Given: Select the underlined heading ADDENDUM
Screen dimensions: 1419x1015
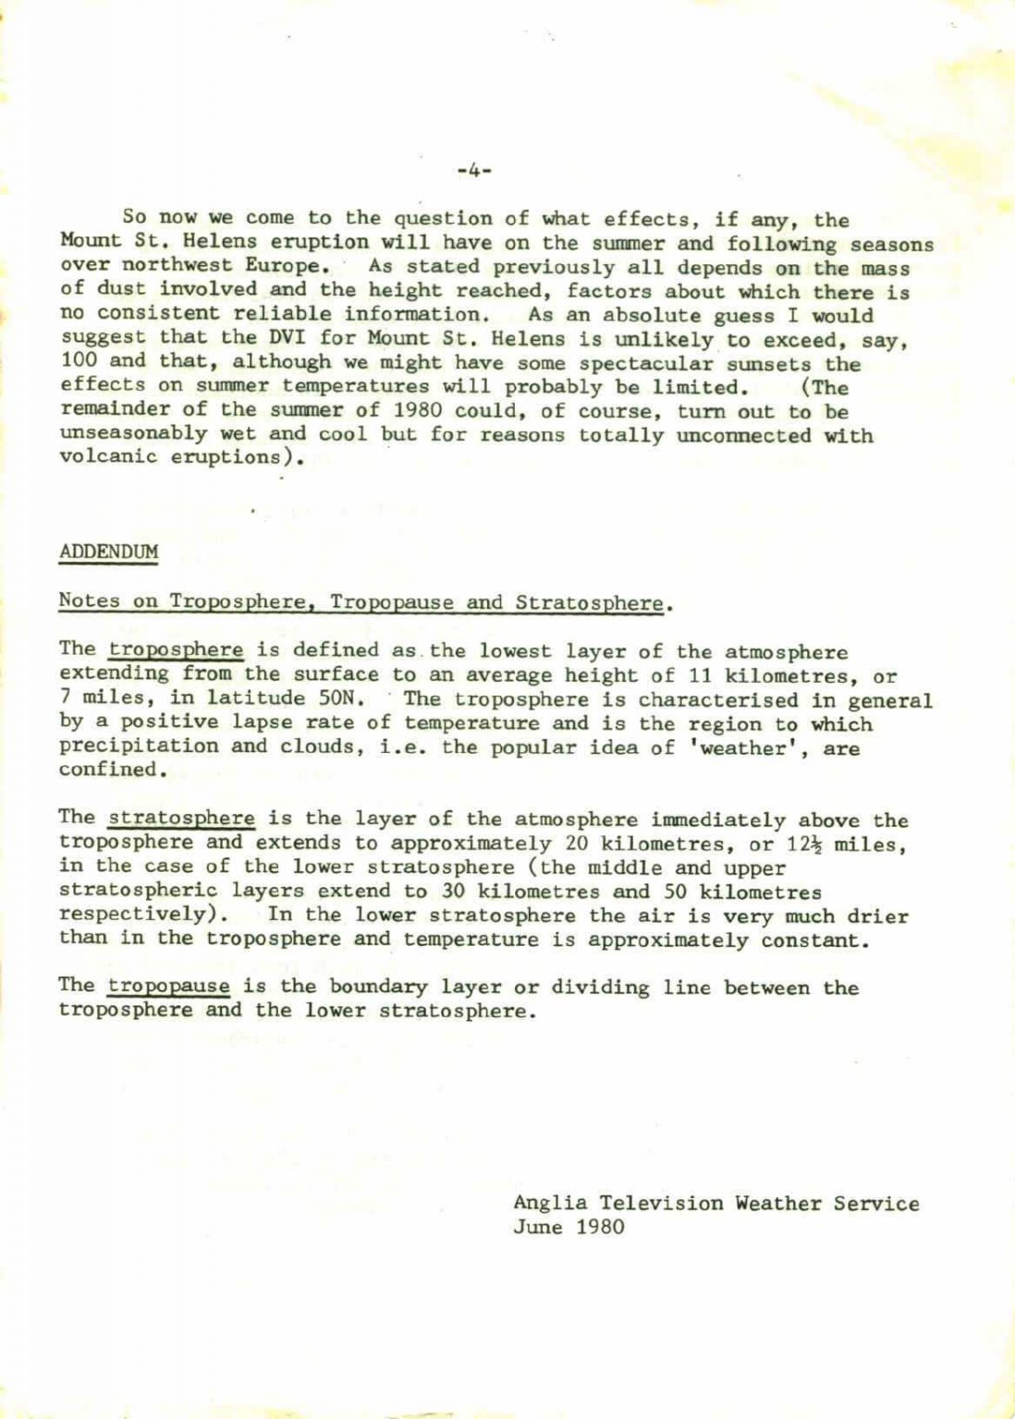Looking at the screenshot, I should point(108,552).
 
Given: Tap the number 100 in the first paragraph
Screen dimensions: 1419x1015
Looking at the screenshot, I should point(78,364).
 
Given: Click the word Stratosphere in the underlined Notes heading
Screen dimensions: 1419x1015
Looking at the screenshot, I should point(589,602).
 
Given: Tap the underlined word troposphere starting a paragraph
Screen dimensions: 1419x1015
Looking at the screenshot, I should point(176,651).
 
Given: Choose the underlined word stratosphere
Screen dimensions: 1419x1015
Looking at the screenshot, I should point(181,819).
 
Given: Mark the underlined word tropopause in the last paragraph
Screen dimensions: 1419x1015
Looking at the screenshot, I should point(169,987).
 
